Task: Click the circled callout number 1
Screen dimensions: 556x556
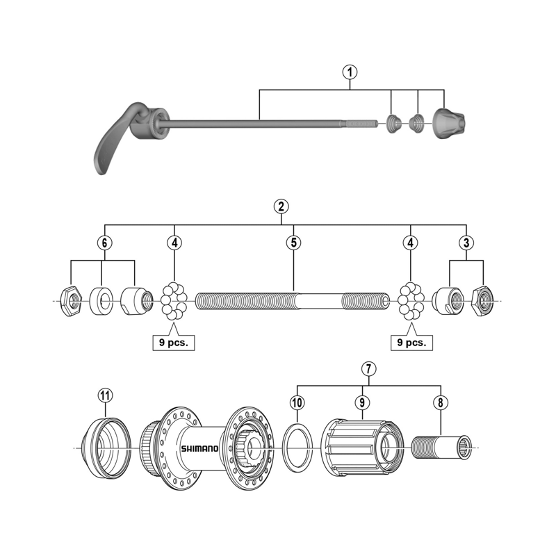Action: pos(350,71)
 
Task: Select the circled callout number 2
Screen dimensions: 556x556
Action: pos(281,206)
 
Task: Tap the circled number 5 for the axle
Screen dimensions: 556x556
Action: pos(293,243)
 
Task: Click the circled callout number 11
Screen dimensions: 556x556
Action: pos(104,395)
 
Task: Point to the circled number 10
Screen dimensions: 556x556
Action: pos(297,402)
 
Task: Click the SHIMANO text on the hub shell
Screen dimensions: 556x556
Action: pos(199,449)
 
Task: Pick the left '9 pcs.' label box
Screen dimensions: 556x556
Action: pos(173,342)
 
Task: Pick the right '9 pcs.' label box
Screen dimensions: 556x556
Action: pos(411,342)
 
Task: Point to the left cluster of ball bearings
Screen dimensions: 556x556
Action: pos(174,300)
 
